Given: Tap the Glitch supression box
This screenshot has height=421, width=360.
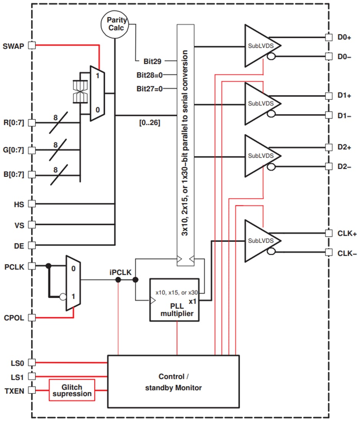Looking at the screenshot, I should coord(72,390).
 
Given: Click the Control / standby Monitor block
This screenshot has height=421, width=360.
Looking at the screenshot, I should coord(173,382).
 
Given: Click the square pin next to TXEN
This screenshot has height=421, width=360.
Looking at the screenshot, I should coord(32,390).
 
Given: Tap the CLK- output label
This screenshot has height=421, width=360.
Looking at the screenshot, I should coord(347,253).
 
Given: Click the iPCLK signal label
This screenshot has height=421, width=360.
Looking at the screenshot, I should coord(121,273).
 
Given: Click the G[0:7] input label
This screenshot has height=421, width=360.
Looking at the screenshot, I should coord(14,150).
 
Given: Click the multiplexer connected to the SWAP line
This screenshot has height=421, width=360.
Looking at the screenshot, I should coord(97,93).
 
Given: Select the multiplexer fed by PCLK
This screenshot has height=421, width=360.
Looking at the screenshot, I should coord(73,282).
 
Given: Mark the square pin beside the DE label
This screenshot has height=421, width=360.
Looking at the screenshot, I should coord(32,245).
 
